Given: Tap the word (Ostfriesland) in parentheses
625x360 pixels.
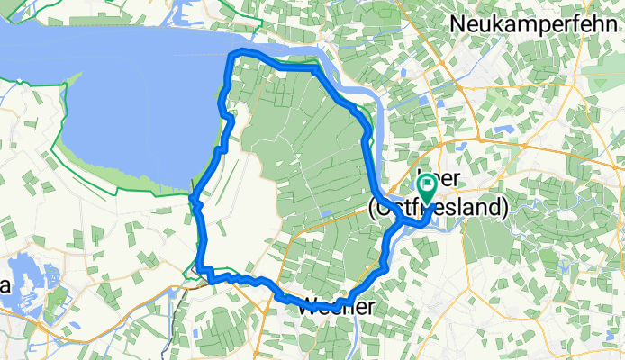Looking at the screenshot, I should click(439, 207).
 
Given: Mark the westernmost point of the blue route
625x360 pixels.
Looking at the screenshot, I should click(193, 200).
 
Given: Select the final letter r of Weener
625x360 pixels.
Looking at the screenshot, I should click(369, 306).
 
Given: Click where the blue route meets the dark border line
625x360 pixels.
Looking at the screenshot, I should click(199, 268).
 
